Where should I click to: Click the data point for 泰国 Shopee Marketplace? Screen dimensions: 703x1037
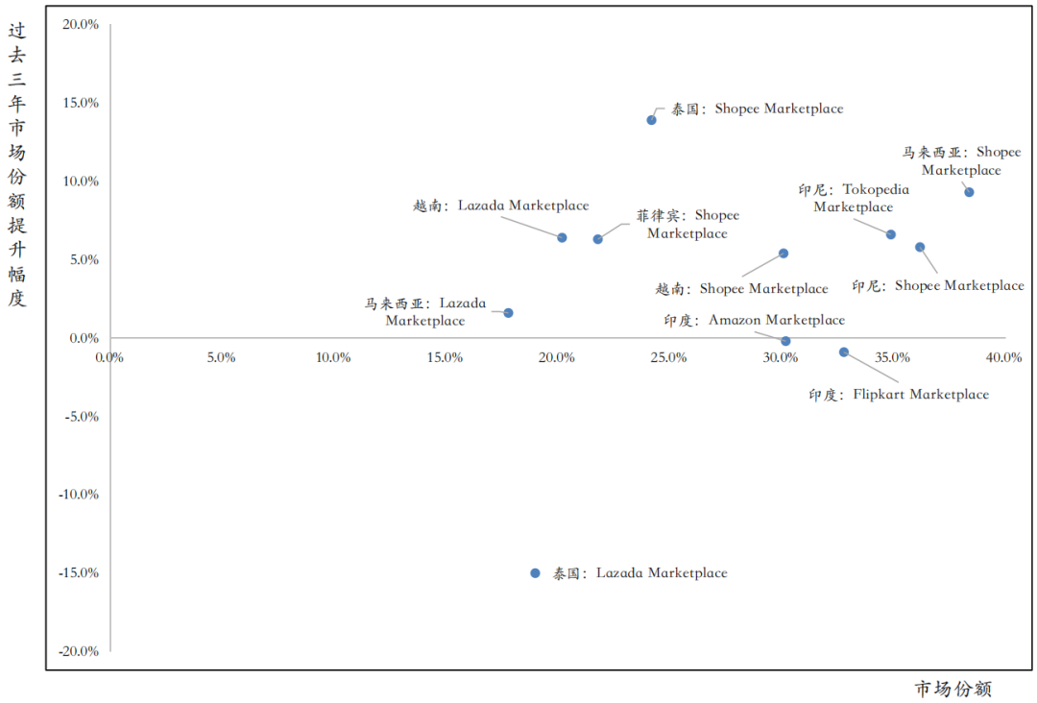coord(651,120)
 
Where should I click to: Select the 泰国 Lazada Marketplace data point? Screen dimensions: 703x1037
coord(535,573)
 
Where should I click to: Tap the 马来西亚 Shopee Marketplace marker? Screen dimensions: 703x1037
coord(969,192)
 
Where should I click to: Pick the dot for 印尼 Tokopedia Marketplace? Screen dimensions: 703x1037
coord(891,234)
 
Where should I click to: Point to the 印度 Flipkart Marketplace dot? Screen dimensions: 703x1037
coord(844,352)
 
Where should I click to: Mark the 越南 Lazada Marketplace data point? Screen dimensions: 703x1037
coord(562,237)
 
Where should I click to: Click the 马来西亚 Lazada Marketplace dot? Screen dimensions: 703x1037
coord(508,313)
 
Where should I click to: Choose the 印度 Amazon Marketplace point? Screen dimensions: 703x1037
coord(785,341)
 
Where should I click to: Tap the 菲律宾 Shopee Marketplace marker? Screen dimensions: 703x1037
coord(597,239)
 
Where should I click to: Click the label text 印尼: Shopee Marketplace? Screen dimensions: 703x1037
coord(937,286)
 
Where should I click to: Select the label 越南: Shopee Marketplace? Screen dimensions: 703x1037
coord(741,289)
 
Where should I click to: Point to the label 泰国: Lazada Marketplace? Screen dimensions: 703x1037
coord(639,573)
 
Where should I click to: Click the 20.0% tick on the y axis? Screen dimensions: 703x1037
coord(81,25)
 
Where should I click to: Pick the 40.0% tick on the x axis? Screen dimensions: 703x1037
coord(1004,358)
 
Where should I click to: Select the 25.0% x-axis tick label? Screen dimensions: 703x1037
coord(668,358)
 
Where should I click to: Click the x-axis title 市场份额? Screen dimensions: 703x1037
coord(953,689)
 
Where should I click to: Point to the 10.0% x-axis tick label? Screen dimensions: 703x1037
coord(333,358)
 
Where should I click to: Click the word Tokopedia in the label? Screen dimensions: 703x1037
coord(876,190)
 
